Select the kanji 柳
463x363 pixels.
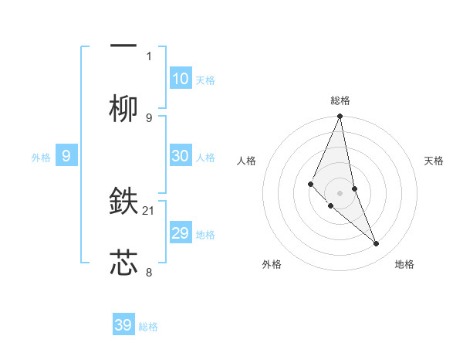point(124,109)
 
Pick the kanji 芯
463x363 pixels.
point(124,263)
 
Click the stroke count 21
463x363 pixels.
point(150,210)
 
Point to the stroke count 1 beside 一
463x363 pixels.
point(149,56)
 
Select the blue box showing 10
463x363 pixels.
point(180,79)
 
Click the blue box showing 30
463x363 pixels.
point(180,155)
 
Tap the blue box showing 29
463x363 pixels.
point(180,232)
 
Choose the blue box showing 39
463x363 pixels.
point(123,325)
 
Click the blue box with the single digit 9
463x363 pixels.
point(66,156)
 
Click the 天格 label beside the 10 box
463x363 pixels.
point(205,80)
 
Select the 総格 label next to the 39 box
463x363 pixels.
point(148,327)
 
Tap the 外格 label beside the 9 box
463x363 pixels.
point(41,158)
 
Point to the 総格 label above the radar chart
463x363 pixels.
point(340,100)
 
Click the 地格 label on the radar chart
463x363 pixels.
point(404,264)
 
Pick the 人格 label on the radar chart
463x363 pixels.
point(246,161)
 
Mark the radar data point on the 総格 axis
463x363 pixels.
point(340,117)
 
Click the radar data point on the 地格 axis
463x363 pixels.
point(377,244)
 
